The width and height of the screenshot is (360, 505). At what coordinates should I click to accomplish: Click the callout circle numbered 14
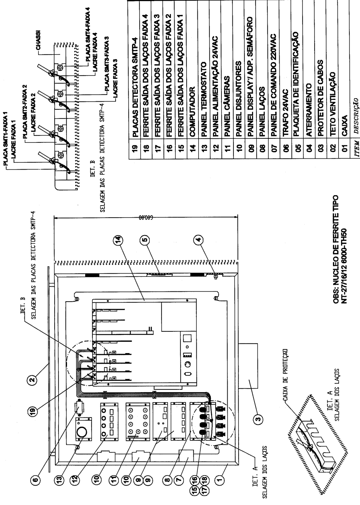click(x=119, y=239)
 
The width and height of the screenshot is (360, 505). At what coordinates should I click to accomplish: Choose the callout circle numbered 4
click(x=199, y=239)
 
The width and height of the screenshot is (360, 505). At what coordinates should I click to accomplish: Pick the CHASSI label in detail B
click(x=39, y=40)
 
